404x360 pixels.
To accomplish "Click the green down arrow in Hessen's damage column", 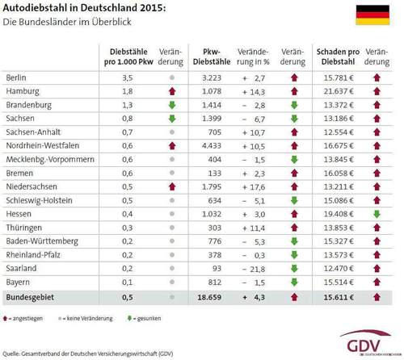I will [377, 214].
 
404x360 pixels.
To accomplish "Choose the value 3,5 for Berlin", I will [126, 77].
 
